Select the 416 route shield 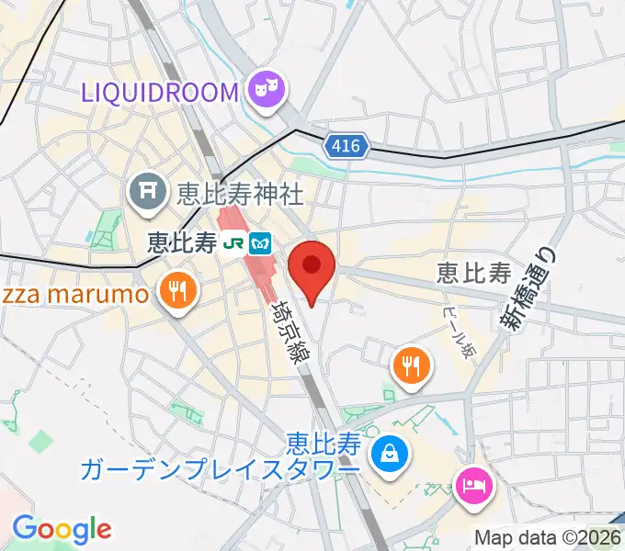347,145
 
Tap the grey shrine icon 146,192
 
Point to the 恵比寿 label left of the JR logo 183,242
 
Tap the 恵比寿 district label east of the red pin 473,273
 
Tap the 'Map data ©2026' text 547,537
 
